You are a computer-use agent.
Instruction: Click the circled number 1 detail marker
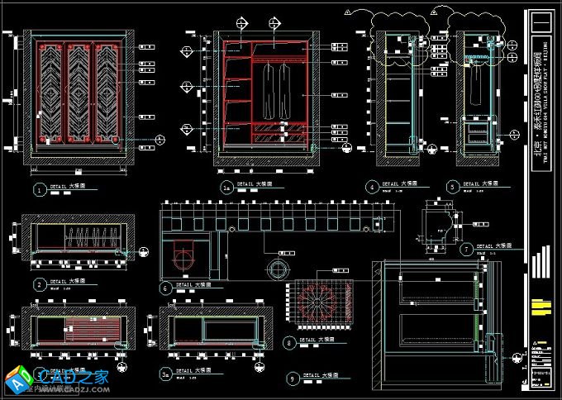point(38,190)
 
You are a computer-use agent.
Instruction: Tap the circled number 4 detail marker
point(372,188)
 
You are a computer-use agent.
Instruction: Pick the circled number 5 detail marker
point(451,188)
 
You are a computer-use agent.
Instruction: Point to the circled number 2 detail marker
point(38,283)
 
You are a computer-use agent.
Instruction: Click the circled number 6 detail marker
point(165,288)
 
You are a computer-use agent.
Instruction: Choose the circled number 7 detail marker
point(467,248)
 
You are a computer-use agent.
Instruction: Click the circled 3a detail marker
point(165,374)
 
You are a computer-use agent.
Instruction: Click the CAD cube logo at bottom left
point(18,379)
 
